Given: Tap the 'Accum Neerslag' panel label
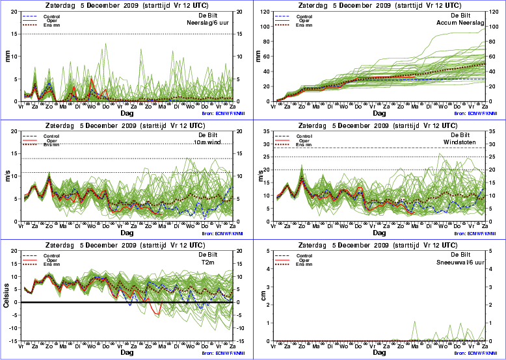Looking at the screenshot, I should tap(461, 21).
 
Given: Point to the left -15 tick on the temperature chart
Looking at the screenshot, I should tap(15, 341).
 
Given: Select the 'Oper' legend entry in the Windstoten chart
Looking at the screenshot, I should tap(302, 140).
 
